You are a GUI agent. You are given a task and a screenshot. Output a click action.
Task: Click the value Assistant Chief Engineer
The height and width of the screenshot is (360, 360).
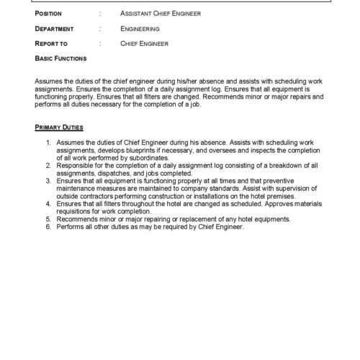161,13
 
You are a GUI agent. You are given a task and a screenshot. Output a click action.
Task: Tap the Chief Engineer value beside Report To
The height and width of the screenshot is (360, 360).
145,43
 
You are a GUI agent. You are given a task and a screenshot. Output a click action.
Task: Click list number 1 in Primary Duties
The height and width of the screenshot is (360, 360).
48,144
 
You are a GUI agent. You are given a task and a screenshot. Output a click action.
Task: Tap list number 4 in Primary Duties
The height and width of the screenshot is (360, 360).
48,206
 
